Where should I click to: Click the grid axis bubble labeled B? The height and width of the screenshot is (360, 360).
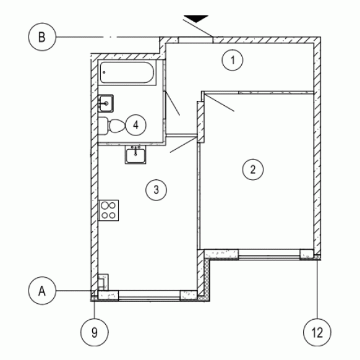(x=42, y=36)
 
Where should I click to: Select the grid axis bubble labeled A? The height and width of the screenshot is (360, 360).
(x=42, y=291)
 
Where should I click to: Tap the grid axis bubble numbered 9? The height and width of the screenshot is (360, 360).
(x=95, y=332)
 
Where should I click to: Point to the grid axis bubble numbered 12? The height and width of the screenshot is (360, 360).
(x=317, y=332)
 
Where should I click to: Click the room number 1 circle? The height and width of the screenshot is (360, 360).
(x=233, y=60)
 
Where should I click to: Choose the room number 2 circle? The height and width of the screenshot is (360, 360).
(x=253, y=169)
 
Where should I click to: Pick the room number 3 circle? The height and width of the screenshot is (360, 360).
(x=156, y=190)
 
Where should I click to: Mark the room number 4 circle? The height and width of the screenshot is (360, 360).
(x=136, y=125)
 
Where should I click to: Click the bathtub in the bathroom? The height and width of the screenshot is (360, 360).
(x=127, y=72)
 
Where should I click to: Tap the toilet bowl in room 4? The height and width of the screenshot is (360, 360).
(x=117, y=126)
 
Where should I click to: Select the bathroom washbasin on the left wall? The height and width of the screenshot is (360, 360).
(x=106, y=103)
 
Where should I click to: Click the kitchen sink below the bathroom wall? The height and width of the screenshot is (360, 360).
(x=135, y=155)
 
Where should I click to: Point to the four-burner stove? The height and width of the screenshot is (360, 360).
(x=108, y=210)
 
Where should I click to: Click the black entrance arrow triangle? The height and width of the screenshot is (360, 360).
(x=196, y=19)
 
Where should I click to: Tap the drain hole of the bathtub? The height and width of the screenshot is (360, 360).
(x=104, y=72)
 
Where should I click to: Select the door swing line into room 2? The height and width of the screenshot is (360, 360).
(x=218, y=103)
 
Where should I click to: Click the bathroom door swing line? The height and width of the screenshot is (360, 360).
(x=173, y=103)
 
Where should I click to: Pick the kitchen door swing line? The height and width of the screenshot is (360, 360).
(x=184, y=145)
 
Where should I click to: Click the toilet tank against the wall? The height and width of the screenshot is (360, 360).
(x=103, y=126)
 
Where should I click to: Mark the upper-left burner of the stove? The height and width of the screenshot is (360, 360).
(x=105, y=205)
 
